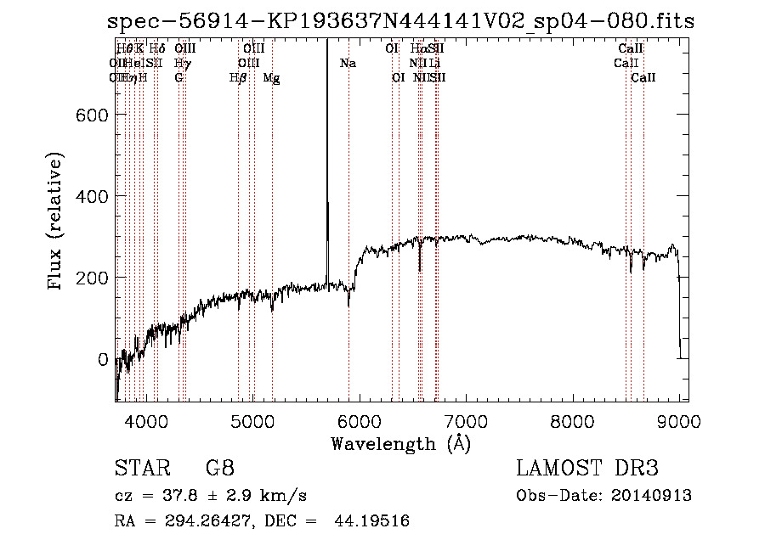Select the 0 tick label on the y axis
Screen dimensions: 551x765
pos(104,359)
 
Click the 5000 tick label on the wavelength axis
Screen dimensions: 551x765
pos(252,421)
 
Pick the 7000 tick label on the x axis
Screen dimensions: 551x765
pos(466,421)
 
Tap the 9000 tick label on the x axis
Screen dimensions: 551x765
pos(679,421)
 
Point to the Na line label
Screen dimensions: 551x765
pos(348,64)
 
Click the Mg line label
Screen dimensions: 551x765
pos(271,78)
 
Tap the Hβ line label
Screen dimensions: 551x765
pos(238,78)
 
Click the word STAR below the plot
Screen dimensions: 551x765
pos(141,469)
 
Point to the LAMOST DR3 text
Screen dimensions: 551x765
pos(587,469)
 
